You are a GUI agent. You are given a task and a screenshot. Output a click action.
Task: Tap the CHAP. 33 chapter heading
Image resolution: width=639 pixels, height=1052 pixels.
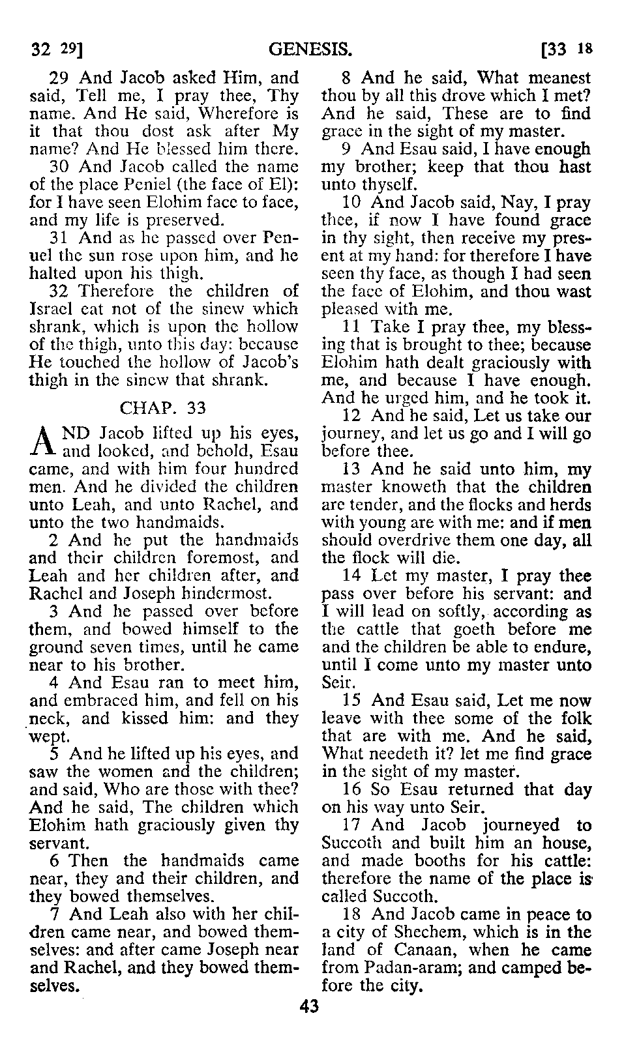(x=163, y=408)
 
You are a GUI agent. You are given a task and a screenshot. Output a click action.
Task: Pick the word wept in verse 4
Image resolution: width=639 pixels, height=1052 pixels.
(x=48, y=737)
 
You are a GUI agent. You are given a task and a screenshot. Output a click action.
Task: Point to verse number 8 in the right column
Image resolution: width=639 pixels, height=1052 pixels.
(x=346, y=79)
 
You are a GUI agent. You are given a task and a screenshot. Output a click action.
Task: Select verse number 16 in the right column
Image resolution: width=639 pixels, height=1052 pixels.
(x=351, y=790)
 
